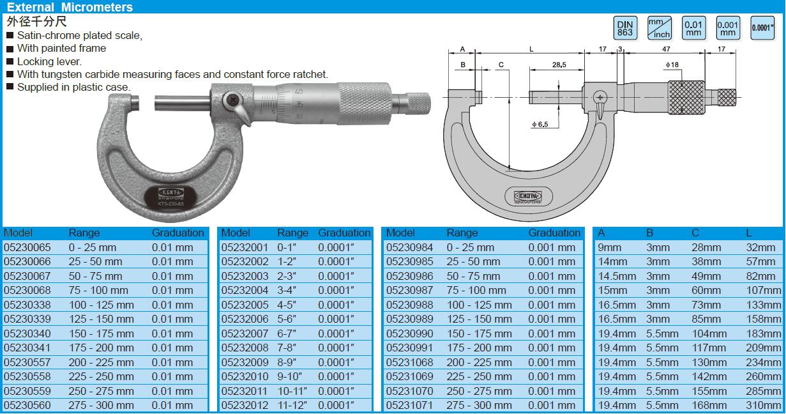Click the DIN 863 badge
(x=625, y=28)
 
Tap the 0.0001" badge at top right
(x=762, y=28)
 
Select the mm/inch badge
(x=660, y=28)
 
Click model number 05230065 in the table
(x=27, y=247)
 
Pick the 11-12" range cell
(x=292, y=405)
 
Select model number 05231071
(x=409, y=405)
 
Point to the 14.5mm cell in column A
(x=617, y=277)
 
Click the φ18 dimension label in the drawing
(x=672, y=65)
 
